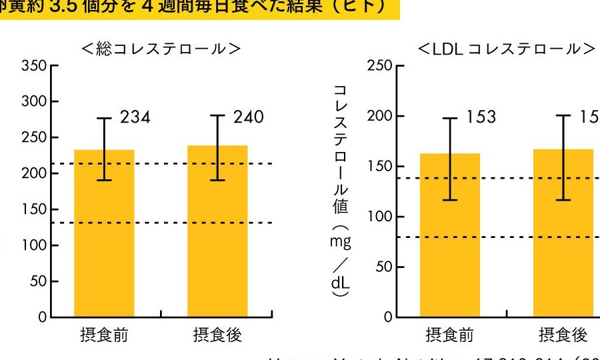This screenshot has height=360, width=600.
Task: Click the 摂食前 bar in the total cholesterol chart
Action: tap(104, 233)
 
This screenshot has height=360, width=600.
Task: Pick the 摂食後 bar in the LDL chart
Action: tap(563, 233)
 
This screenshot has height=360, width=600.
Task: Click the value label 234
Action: tap(135, 118)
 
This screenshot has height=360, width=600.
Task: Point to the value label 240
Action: tap(249, 118)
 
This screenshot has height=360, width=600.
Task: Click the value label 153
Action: tap(481, 117)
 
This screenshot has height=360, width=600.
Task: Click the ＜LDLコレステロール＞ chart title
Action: tap(506, 49)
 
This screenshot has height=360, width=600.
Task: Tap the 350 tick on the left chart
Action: tap(35, 66)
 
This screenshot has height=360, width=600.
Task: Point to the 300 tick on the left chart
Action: tap(35, 102)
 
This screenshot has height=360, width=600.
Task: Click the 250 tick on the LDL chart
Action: tap(380, 66)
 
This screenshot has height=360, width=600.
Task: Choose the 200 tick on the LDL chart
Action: tap(380, 117)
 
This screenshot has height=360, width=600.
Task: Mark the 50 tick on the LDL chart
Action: tap(383, 267)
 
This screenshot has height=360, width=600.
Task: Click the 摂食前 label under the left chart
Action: tap(104, 335)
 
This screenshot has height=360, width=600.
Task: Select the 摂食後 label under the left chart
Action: tap(217, 335)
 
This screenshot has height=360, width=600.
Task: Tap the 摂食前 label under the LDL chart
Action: tap(450, 335)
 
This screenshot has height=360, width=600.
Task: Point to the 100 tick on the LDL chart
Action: tap(380, 217)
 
